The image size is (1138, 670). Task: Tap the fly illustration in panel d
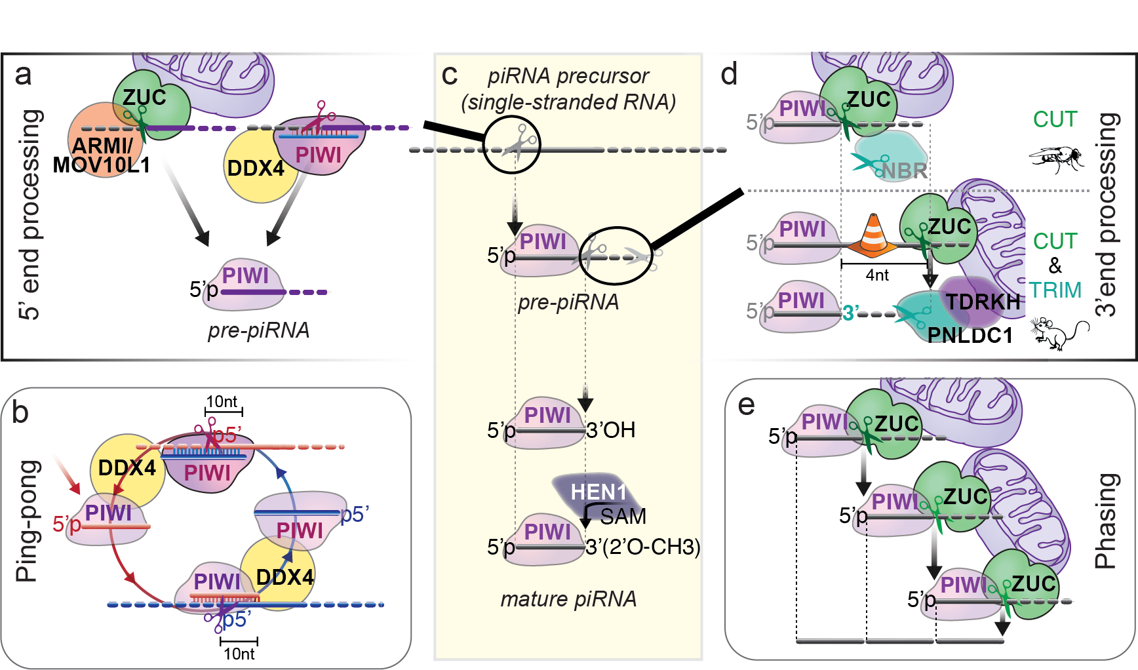click(x=1056, y=158)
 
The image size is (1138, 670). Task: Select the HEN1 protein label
click(x=598, y=492)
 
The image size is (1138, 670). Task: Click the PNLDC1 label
click(x=970, y=336)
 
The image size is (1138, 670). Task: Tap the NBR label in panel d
click(x=904, y=171)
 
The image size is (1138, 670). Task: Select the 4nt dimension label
click(x=877, y=275)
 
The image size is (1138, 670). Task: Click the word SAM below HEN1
click(x=623, y=517)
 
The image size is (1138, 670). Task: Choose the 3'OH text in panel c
click(x=610, y=430)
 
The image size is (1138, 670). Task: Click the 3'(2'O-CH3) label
click(x=642, y=547)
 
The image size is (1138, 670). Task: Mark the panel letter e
click(x=746, y=406)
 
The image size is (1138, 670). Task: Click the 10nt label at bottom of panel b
click(x=239, y=654)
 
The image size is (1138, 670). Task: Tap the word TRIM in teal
click(x=1055, y=290)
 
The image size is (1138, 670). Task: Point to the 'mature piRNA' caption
click(x=568, y=599)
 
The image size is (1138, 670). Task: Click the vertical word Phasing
click(x=1106, y=521)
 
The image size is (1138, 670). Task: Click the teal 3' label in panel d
click(x=850, y=313)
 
